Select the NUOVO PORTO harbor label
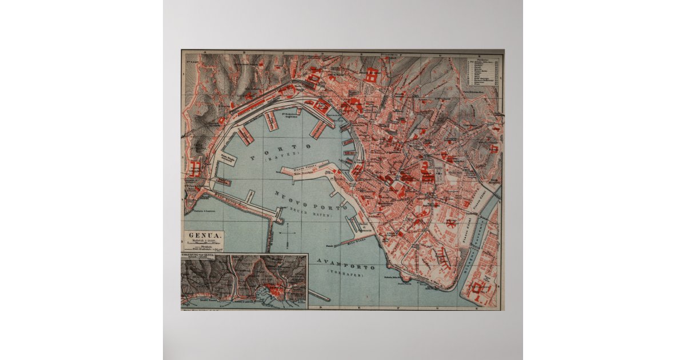[x=310, y=201]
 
